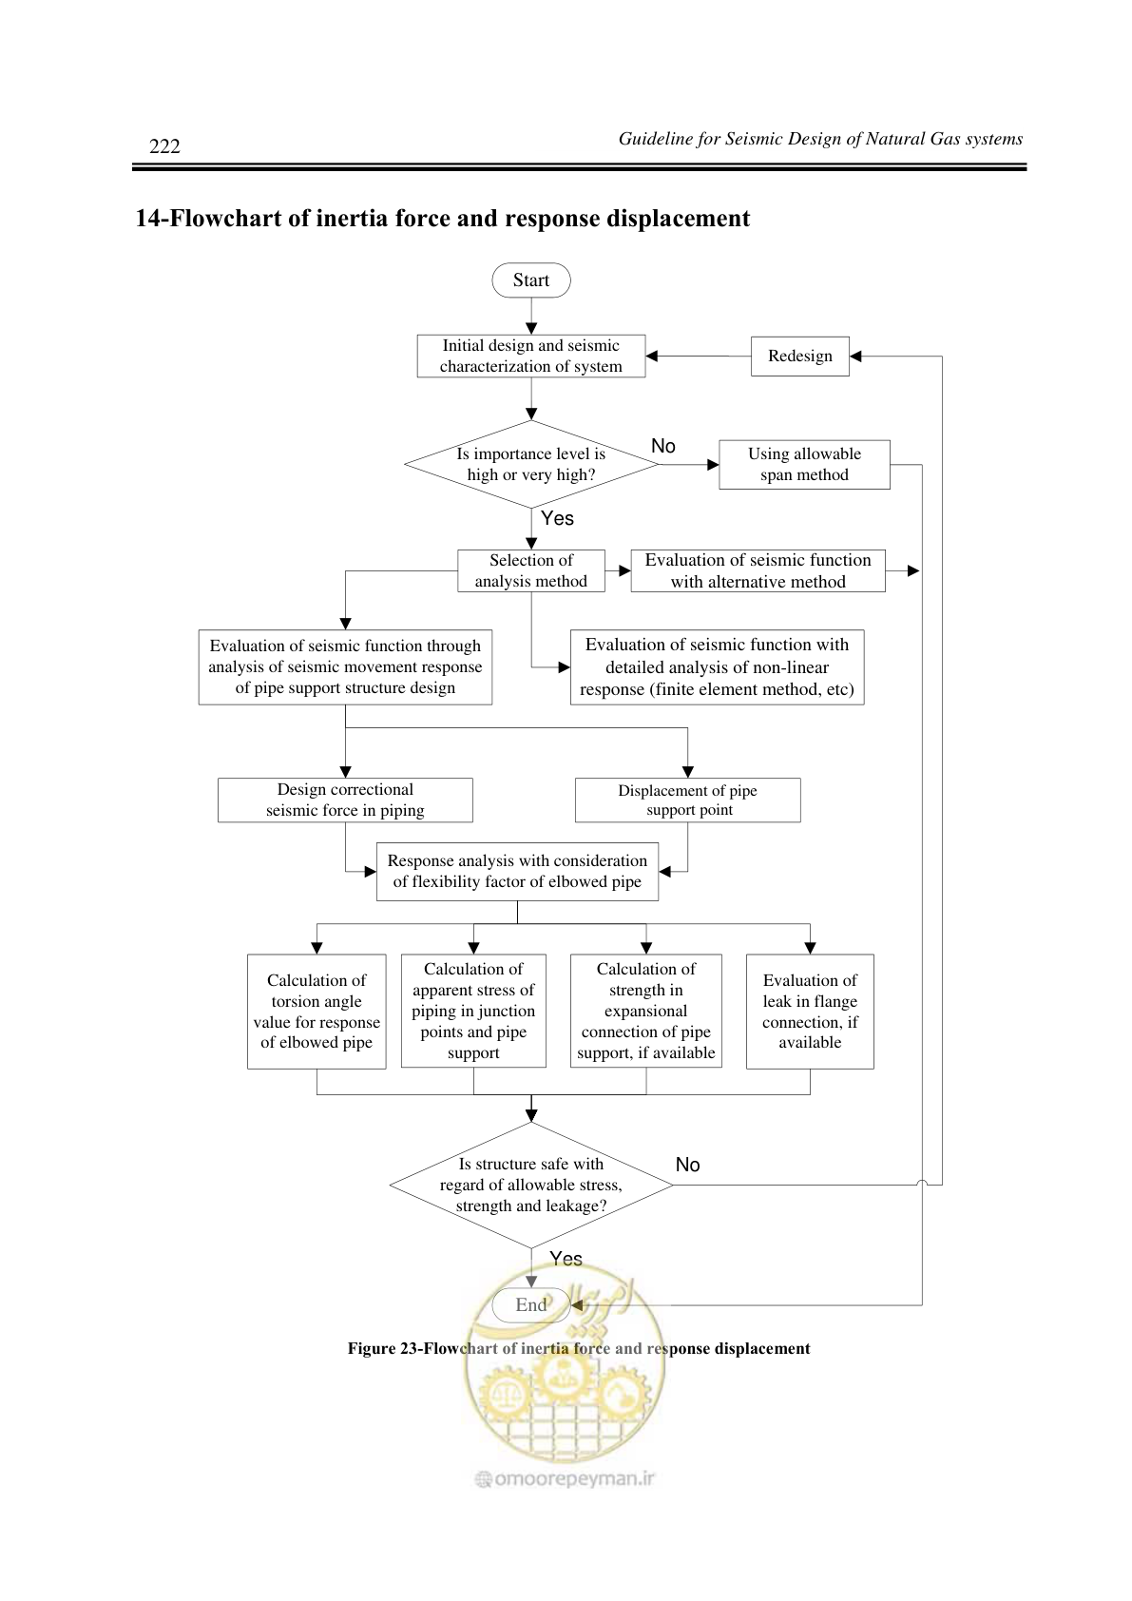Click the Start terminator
pos(531,280)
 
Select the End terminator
pos(531,1304)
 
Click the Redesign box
pos(799,356)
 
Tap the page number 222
pos(164,145)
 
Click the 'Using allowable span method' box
pos(804,465)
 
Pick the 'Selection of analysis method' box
pos(531,570)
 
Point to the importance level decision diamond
pos(531,465)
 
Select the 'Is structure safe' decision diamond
pos(531,1185)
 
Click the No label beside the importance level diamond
pos(663,446)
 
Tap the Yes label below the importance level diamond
pos(557,518)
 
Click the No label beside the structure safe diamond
pos(687,1165)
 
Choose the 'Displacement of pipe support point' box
pos(687,800)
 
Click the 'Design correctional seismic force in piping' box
pos(345,800)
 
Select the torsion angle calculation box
pos(317,1012)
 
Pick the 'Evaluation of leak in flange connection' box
pos(810,1012)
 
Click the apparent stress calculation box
pos(473,1011)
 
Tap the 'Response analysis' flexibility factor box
pos(517,871)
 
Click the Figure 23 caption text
pos(579,1349)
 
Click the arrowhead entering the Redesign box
pos(855,356)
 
